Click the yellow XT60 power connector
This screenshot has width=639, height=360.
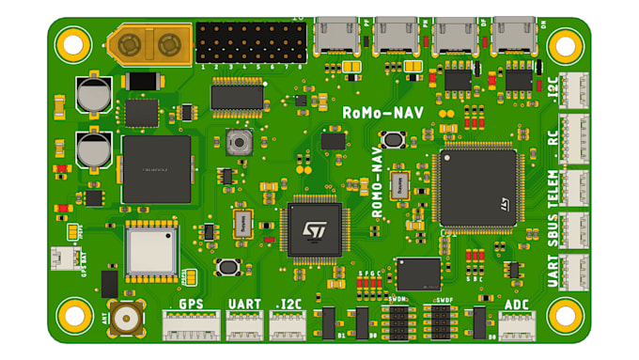(146, 44)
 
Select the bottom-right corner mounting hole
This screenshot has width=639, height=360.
(565, 316)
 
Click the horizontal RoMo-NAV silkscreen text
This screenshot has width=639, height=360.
(382, 112)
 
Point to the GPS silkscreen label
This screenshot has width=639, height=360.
(191, 304)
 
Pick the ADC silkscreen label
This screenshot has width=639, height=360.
(517, 304)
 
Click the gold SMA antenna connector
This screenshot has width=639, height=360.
(125, 320)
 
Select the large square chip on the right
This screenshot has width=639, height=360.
(477, 187)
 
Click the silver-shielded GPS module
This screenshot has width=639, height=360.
(150, 251)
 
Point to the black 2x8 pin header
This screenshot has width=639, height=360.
(251, 42)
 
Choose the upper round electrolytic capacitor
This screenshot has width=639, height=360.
(94, 95)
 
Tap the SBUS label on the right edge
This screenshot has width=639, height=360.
(553, 230)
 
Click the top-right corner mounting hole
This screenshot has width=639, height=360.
(565, 44)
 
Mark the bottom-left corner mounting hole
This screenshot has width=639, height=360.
(71, 316)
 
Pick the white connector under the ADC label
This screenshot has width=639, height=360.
(517, 325)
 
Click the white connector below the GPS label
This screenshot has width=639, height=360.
(191, 325)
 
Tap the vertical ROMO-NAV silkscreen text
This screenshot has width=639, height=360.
(377, 182)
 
